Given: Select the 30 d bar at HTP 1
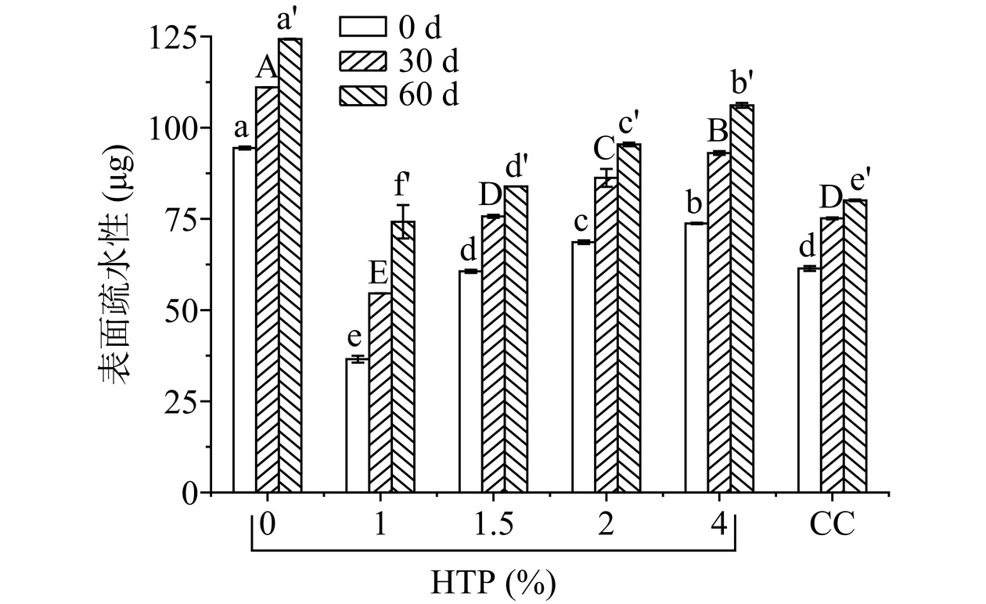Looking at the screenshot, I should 380,392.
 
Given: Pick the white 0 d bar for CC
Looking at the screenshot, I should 810,380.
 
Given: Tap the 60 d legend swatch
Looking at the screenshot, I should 363,94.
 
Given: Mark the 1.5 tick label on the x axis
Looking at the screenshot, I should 493,524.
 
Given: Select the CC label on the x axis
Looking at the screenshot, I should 832,524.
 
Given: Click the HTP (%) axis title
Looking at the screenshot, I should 493,583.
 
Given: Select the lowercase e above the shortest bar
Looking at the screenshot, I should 355,338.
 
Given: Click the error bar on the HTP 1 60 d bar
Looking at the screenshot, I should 403,221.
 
